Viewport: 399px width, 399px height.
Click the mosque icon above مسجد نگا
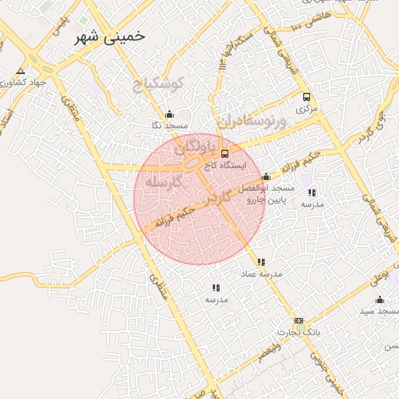click(x=169, y=115)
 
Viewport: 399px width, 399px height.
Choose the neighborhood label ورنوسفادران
click(x=252, y=122)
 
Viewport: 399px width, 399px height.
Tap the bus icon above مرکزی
click(x=305, y=97)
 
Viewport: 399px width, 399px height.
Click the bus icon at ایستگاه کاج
click(x=225, y=154)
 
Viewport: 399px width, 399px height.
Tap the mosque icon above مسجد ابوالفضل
click(x=267, y=177)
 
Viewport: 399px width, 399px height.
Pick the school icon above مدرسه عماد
click(x=261, y=263)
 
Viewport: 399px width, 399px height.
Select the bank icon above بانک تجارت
click(x=298, y=320)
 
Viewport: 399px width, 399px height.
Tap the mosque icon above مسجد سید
click(x=380, y=300)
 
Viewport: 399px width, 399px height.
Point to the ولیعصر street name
click(x=270, y=350)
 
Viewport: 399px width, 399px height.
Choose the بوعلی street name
click(x=377, y=277)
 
